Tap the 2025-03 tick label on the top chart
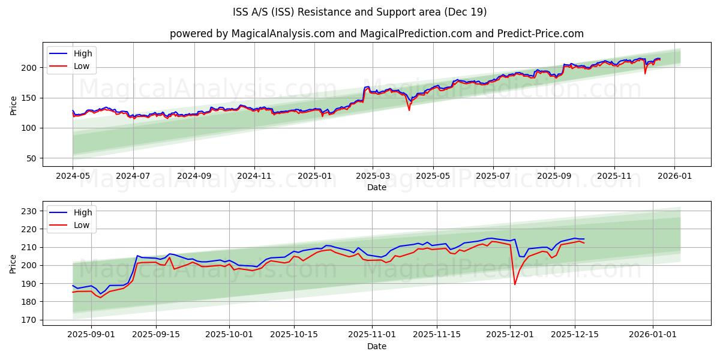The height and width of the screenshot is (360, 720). pos(373,176)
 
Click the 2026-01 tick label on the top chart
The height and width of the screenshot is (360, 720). pos(674,176)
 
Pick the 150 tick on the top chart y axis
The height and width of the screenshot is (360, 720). pos(31,98)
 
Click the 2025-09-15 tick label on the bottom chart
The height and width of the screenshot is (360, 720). pos(156,335)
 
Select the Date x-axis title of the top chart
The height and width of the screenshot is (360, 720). pos(376,187)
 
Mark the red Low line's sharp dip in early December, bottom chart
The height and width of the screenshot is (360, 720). pos(515,284)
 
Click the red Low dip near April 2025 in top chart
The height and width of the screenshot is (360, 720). pos(409,110)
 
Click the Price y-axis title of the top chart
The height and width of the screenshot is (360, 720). pos(13,104)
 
